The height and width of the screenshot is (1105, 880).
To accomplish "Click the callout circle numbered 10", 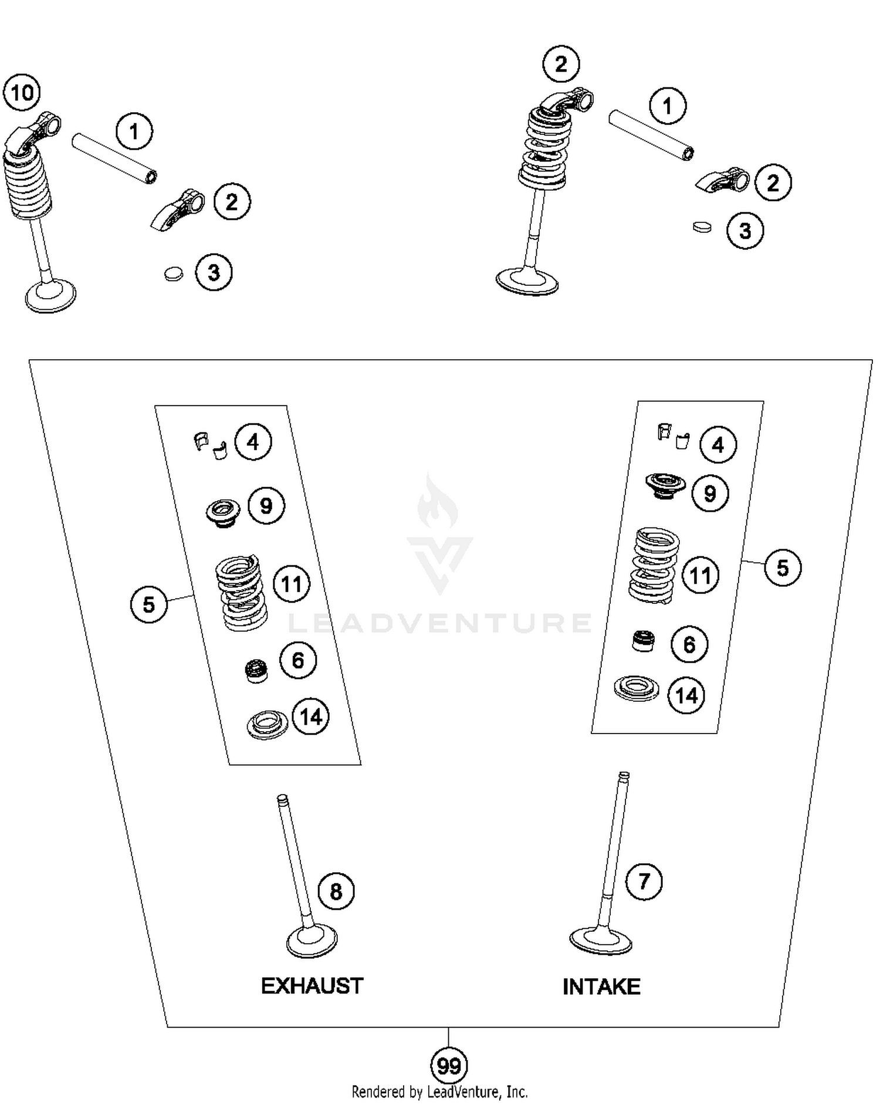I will click(22, 93).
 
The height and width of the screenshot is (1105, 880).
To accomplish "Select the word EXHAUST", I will click(312, 986).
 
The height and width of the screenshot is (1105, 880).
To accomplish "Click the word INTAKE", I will click(601, 987).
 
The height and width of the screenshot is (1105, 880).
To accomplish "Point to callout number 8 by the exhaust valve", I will click(336, 891).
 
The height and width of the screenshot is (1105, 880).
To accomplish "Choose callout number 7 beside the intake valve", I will click(644, 881).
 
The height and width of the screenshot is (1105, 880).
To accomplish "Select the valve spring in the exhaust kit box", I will click(241, 593).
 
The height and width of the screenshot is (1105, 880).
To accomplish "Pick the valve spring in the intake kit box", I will click(654, 565).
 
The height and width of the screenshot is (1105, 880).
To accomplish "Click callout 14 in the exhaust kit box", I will click(310, 717).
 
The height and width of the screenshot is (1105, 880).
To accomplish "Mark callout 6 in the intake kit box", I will click(689, 644).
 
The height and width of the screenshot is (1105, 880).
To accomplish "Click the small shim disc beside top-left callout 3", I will click(173, 273).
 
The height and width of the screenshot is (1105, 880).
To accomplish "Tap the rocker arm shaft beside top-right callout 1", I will click(651, 135).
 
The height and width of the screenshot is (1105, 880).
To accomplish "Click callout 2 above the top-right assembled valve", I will click(561, 63).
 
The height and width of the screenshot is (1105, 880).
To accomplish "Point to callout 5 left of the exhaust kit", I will click(148, 604).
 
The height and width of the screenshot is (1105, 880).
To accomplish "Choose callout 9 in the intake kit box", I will click(710, 493).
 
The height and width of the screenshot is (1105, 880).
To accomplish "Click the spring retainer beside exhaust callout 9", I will click(223, 512).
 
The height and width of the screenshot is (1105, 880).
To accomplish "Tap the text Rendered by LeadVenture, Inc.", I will click(439, 1092).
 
